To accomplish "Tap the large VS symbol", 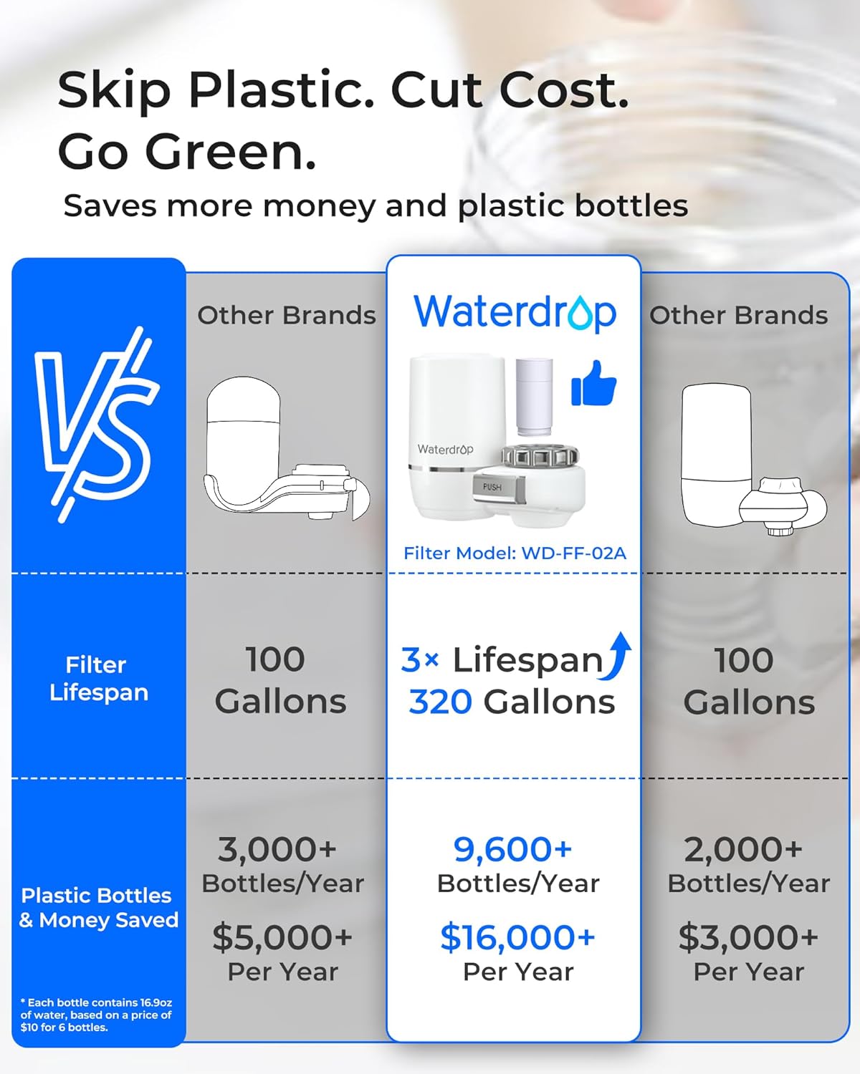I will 97,422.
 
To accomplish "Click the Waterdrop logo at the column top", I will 515,313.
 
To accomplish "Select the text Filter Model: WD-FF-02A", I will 515,553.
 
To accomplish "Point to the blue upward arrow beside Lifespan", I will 618,655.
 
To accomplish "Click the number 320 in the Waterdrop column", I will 440,702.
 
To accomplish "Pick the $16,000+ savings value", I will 517,937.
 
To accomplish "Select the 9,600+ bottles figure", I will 512,849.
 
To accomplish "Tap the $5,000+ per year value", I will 282,937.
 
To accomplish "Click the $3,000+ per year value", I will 748,937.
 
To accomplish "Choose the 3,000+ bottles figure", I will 277,849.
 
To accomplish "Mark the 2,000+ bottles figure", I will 743,849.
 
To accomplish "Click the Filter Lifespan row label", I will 98,678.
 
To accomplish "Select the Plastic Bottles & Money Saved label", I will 98,907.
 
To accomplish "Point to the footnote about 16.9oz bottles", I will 96,1015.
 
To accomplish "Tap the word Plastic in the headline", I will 279,91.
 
